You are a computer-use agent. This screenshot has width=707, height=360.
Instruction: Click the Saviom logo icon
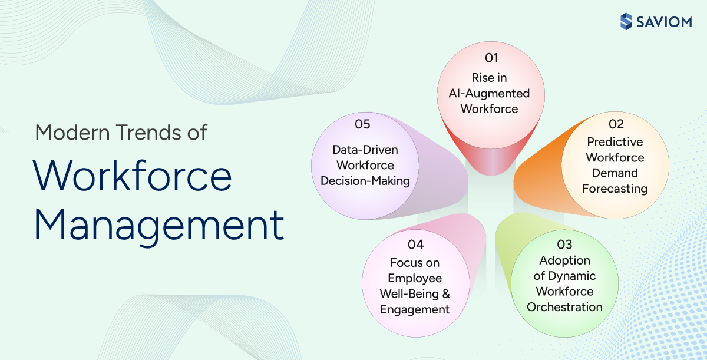626,22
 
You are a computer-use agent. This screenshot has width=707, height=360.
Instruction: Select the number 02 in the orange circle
616,124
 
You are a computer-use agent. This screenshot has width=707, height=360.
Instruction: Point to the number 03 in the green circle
564,243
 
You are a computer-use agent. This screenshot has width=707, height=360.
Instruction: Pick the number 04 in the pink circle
415,245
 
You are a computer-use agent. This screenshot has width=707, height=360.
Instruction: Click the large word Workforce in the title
133,176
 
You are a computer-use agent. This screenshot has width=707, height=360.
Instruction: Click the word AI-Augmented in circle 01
485,93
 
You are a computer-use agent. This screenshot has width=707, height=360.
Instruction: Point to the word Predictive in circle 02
615,142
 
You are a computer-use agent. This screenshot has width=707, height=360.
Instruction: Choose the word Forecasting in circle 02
615,189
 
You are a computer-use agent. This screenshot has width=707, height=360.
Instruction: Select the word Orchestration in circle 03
564,307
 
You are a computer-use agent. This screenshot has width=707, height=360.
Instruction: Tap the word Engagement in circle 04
415,309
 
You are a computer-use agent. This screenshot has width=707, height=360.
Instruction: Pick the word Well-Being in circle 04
409,294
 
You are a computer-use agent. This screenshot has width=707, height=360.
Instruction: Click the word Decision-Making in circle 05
365,181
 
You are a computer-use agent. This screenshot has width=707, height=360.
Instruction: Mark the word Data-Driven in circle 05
365,150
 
